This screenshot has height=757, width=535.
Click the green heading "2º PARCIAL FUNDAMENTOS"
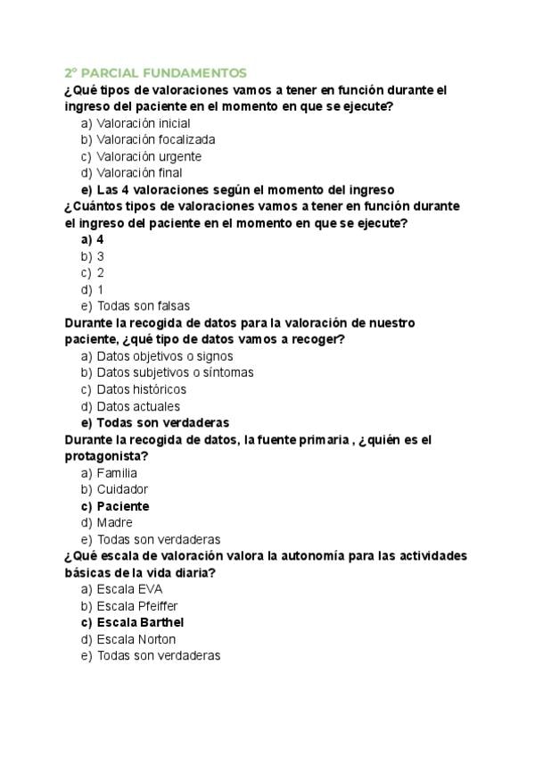coord(154,72)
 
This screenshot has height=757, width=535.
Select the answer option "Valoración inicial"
coord(143,123)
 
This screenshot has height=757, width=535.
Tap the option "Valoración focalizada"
coord(155,139)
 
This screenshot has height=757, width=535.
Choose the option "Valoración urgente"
coord(149,156)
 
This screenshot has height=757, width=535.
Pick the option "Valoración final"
coord(139,173)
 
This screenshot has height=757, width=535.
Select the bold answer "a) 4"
coord(93,239)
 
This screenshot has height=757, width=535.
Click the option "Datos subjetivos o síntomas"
coord(175,372)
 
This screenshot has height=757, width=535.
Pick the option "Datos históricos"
coord(141,389)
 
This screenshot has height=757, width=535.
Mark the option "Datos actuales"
coord(138,406)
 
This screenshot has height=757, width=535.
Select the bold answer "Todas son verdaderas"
coord(162,422)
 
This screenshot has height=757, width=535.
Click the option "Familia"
coord(117,472)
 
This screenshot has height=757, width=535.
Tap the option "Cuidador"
coord(122,489)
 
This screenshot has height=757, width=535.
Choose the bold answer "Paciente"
coord(123,506)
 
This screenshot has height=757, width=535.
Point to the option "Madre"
coord(114,522)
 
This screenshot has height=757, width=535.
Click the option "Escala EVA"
coord(129,589)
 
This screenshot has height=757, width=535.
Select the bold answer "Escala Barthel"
coord(140,622)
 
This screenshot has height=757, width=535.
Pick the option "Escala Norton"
coord(136,639)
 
